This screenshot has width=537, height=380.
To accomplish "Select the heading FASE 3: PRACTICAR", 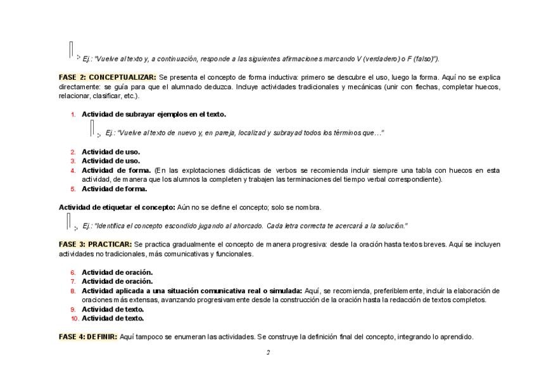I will click(x=95, y=244).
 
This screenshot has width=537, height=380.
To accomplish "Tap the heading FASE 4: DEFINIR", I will click(x=88, y=337).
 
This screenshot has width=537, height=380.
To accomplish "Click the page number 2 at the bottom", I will click(x=268, y=352).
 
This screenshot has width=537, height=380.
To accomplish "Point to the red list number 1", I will click(x=73, y=115).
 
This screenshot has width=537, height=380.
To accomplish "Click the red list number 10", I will click(x=75, y=319).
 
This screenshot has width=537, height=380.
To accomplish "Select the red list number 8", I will click(x=73, y=291).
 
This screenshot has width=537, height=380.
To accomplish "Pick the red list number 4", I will click(x=73, y=170).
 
